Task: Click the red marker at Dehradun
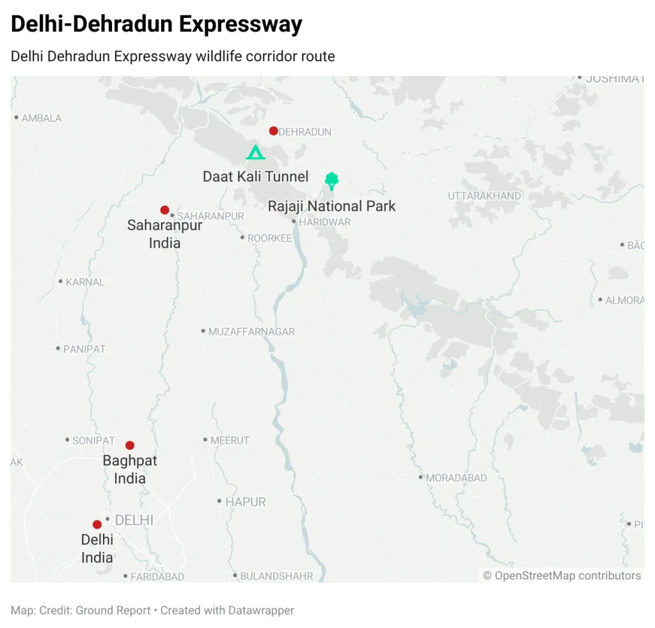(x=273, y=131)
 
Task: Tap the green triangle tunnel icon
(x=255, y=153)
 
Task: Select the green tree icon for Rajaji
(x=331, y=181)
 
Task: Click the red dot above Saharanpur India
(x=164, y=210)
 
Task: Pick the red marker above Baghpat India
(x=130, y=445)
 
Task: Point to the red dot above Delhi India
(x=97, y=525)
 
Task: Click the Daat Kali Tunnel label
(x=255, y=176)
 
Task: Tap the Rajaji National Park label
(x=331, y=206)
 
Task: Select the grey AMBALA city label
(x=42, y=118)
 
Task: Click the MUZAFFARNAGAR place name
(x=251, y=332)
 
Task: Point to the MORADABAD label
(x=457, y=478)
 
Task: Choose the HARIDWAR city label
(x=325, y=222)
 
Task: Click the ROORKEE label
(x=270, y=238)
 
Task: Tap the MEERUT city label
(x=230, y=440)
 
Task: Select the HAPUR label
(x=245, y=502)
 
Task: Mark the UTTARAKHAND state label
(x=484, y=196)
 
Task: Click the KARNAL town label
(x=85, y=282)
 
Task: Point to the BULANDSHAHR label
(x=276, y=576)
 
